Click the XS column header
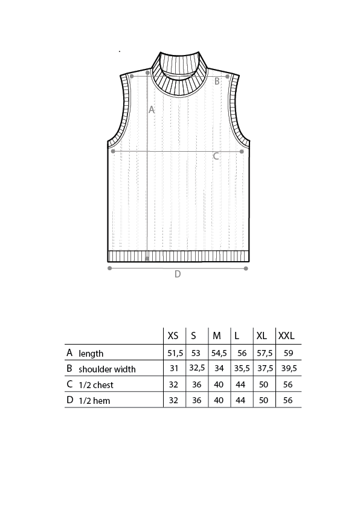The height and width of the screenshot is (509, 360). pos(173,336)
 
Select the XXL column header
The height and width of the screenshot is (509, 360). pos(286,336)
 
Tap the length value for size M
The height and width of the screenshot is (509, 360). pos(219,353)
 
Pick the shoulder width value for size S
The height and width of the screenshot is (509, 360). pos(197,368)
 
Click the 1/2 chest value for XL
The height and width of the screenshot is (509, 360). pos(264,384)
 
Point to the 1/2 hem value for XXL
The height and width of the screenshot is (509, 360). pos(288,400)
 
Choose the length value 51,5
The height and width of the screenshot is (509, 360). pos(175,353)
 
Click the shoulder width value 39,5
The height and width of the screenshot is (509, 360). pos(289,368)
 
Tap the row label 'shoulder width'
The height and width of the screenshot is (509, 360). pos(107,369)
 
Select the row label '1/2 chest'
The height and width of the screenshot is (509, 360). pos(96,385)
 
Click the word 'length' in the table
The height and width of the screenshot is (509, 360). pos(91,354)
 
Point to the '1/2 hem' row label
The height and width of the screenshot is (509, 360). pos(94,401)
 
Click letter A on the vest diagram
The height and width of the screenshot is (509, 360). pos(152,110)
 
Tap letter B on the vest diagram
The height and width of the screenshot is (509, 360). pos(217,81)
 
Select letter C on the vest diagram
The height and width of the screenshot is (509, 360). pos(216,156)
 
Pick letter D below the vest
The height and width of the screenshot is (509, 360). pos(178,274)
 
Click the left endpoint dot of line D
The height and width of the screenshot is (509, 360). pos(109,268)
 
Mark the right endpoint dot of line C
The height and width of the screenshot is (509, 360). pos(242,152)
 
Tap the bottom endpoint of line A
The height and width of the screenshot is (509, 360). pos(147,258)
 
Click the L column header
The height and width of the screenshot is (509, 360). pos(237,336)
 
